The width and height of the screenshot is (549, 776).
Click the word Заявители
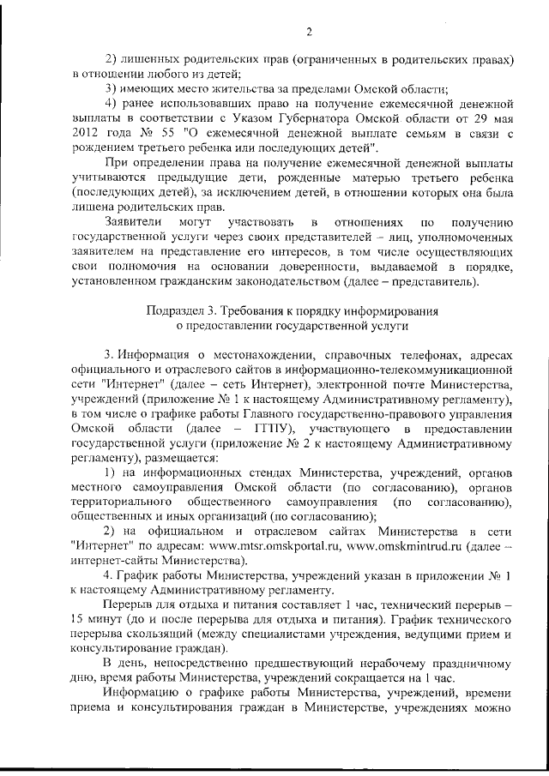pos(134,222)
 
